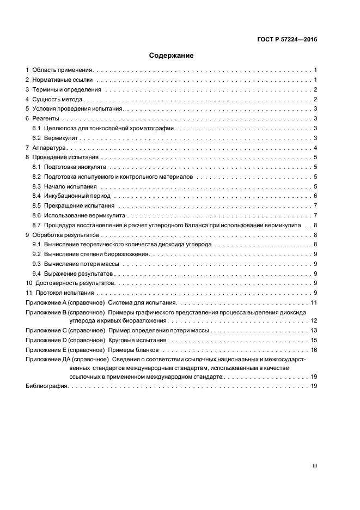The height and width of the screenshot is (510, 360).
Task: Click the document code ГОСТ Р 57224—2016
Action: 286,39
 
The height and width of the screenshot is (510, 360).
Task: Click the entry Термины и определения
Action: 66,89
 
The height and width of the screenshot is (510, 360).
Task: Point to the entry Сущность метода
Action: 57,99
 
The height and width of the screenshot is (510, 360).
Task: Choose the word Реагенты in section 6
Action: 46,118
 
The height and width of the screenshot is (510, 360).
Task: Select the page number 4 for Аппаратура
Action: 315,148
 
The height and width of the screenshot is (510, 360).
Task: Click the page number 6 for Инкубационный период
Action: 315,196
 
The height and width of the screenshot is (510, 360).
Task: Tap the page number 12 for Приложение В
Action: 314,321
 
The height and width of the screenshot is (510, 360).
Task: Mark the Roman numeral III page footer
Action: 314,466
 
